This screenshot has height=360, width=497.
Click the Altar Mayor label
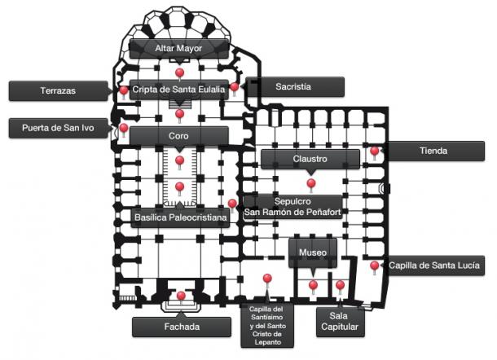click(x=178, y=49)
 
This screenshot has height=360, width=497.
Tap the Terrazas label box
click(x=59, y=91)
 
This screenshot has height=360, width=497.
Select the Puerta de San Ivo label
click(x=59, y=128)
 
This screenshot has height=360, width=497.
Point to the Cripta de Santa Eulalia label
click(x=178, y=90)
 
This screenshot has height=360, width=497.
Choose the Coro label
click(x=178, y=136)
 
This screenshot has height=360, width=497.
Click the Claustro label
click(x=310, y=159)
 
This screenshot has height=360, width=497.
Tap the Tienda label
click(x=434, y=151)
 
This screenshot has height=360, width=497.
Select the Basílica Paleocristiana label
click(x=180, y=217)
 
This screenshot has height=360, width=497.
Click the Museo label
click(x=313, y=252)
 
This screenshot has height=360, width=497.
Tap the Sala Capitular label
click(x=340, y=322)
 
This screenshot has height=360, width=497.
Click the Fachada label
click(x=182, y=327)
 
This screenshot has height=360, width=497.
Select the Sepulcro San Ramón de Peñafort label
click(x=292, y=207)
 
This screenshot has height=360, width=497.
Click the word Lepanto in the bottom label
click(x=268, y=343)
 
